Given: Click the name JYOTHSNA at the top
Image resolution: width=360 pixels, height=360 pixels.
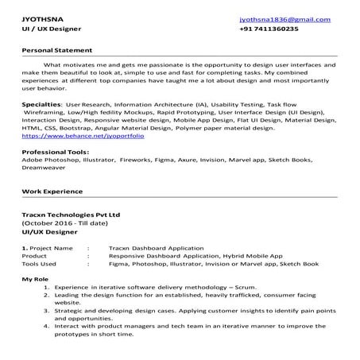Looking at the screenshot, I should coord(41,17).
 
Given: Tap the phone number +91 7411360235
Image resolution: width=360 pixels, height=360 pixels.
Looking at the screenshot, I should coord(269,29).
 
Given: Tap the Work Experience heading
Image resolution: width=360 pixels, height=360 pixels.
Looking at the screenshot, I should coord(52,192).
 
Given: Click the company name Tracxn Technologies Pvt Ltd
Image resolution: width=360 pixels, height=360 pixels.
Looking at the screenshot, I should coord(72,215).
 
